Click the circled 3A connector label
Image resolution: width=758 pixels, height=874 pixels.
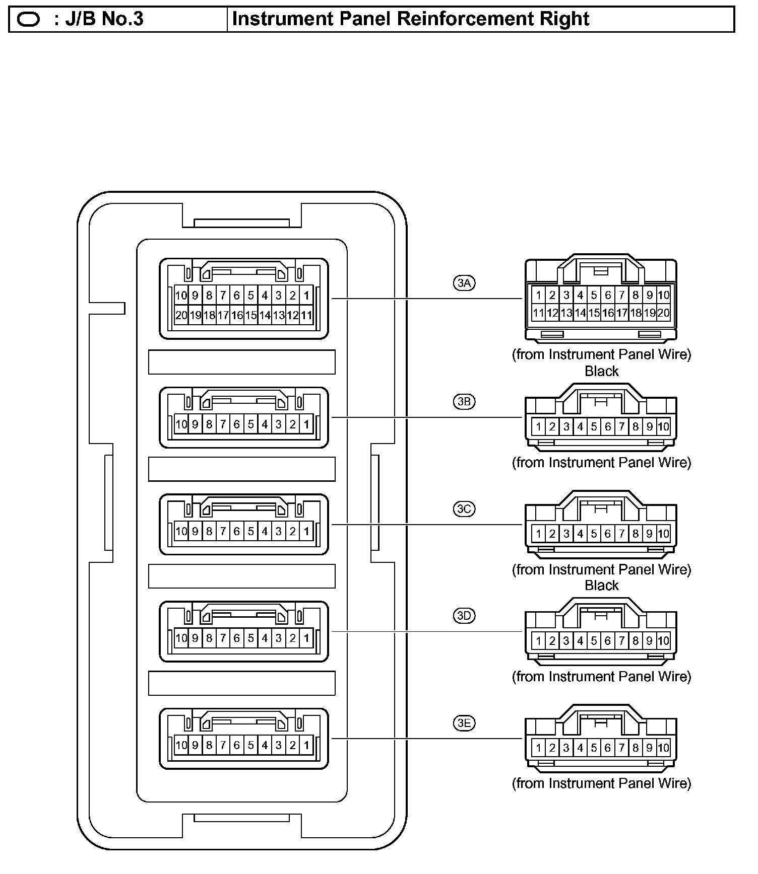tap(464, 283)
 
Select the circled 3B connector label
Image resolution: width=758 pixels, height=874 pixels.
tap(464, 402)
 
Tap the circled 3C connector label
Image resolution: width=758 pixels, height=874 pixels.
tap(464, 509)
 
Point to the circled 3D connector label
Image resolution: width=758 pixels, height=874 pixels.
tap(464, 616)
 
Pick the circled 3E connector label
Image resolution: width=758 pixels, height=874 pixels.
tap(464, 723)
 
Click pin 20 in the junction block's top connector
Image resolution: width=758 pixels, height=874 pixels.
tap(181, 316)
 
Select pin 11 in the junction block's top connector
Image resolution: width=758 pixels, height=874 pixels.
tap(306, 316)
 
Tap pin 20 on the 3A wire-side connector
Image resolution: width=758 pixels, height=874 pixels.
tap(664, 313)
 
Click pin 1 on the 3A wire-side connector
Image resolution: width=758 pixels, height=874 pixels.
tap(538, 295)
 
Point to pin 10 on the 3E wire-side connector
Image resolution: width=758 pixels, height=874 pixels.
tap(664, 748)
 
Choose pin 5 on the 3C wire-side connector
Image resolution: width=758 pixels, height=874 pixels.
tap(594, 534)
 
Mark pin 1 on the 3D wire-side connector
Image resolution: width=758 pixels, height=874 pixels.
tap(538, 641)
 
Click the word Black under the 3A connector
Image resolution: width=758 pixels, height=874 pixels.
tap(601, 371)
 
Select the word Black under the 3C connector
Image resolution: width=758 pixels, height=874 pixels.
tap(601, 586)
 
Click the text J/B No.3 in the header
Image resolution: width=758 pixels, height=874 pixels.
tap(104, 19)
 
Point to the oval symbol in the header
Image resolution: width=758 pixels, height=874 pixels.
tap(28, 20)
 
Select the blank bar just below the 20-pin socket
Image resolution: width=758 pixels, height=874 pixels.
tap(242, 362)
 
